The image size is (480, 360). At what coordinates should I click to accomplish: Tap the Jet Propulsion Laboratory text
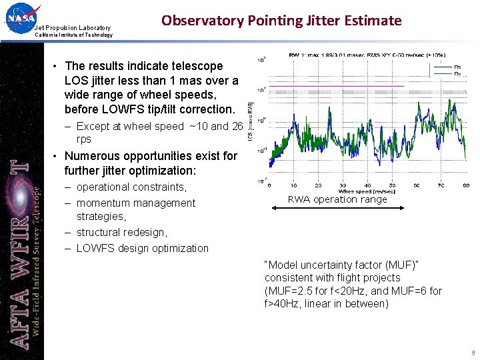click(73, 27)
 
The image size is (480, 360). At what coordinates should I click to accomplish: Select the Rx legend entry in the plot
click(457, 67)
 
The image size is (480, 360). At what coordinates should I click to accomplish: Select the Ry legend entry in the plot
click(457, 73)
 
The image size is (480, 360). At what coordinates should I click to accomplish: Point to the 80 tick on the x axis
click(466, 185)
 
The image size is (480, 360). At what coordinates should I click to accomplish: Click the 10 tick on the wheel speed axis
click(293, 185)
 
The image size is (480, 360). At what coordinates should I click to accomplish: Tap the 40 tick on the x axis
click(367, 185)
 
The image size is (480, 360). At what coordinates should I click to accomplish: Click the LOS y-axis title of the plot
click(251, 120)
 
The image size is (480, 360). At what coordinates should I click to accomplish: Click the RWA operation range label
click(337, 199)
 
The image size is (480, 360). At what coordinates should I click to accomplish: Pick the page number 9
click(472, 353)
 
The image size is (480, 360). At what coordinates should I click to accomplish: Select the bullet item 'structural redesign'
click(121, 232)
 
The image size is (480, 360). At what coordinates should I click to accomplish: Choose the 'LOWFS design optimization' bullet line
click(142, 248)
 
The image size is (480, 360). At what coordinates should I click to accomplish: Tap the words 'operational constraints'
click(131, 187)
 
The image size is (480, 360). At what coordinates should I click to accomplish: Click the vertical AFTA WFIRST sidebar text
click(21, 253)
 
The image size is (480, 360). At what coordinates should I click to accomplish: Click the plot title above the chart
click(367, 55)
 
